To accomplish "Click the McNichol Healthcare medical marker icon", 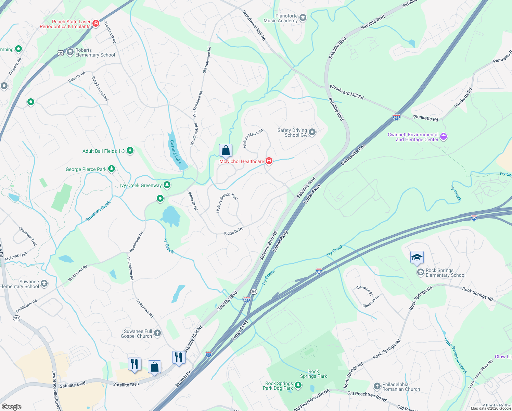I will point(269,161).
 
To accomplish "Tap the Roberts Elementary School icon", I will point(70,52).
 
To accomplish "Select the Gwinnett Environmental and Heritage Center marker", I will point(444,137).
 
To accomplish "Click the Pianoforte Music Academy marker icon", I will point(303,18).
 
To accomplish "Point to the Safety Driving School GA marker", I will point(312,132).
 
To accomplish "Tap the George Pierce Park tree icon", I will point(112,169).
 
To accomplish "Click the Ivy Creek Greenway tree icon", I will point(167,185).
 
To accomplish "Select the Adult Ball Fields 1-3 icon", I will point(130,151).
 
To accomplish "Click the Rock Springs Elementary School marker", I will point(420,272).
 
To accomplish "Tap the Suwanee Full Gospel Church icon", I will point(157,333).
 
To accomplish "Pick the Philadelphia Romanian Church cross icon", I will point(377,386).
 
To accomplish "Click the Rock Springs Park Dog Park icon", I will point(298,385).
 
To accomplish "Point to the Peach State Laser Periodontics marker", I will point(96,23).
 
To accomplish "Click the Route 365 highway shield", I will point(254,291).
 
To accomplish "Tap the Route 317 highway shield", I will point(16,318).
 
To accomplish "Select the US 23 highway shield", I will point(61,53).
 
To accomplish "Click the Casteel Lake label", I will point(176,152).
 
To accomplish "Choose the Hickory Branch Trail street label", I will point(227,203).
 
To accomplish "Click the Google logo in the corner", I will point(11,407).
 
